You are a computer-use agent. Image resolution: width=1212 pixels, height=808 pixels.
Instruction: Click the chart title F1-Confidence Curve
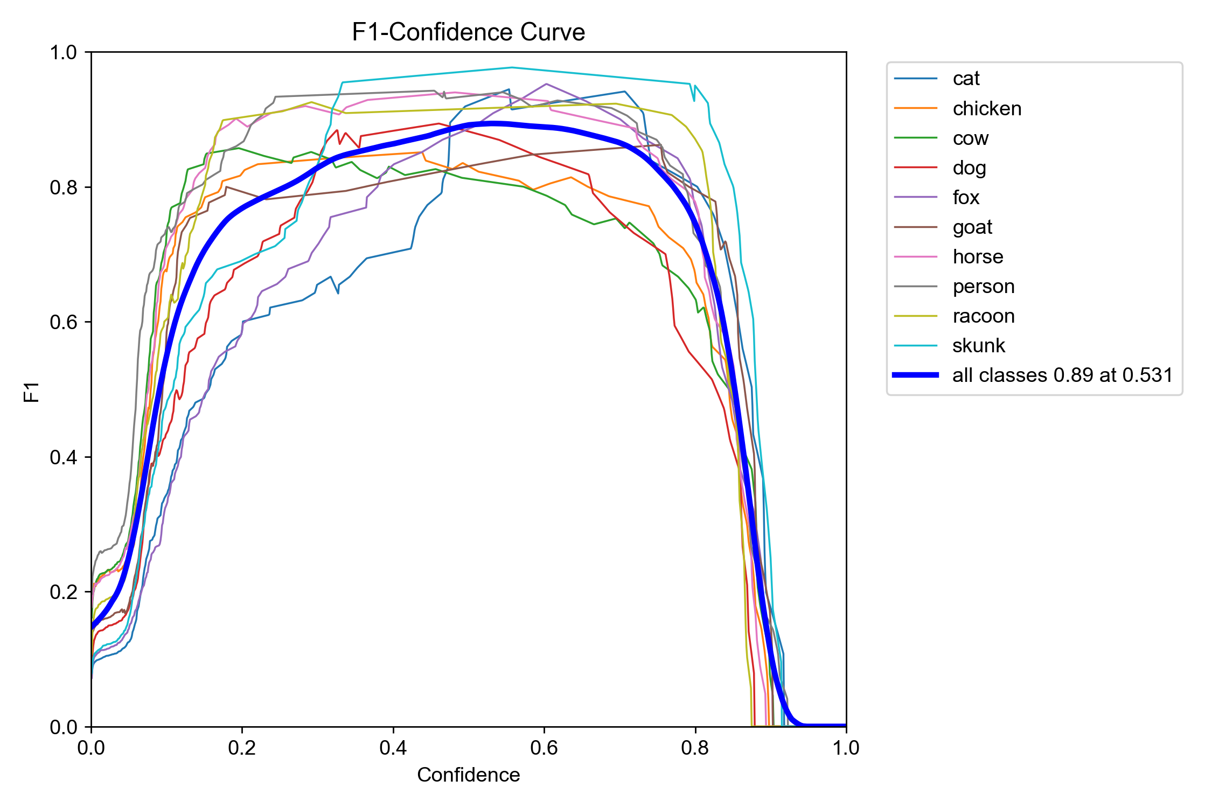(468, 32)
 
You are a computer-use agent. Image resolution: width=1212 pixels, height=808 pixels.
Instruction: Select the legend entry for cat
(965, 79)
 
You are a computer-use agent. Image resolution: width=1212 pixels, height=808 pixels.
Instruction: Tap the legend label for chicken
(986, 109)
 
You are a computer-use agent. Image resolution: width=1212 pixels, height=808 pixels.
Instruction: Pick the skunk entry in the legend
(978, 345)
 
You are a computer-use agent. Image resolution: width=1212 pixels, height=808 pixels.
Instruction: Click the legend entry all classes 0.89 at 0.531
(1062, 375)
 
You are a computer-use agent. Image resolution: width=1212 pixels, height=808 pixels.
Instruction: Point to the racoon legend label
(983, 316)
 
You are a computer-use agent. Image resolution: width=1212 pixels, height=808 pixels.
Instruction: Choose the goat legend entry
(972, 227)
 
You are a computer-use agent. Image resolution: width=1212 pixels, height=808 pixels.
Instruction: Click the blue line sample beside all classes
(916, 375)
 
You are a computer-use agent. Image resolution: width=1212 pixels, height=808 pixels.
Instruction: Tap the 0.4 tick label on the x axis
(393, 748)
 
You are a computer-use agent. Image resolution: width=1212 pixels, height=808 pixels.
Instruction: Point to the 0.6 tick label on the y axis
(64, 322)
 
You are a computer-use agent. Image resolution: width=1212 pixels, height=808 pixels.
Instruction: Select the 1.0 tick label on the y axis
(64, 53)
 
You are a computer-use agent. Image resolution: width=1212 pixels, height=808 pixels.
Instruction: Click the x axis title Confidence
(468, 775)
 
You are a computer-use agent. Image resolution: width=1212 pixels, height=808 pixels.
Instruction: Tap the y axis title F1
(32, 392)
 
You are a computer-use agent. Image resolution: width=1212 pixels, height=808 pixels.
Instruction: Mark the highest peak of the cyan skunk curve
(512, 67)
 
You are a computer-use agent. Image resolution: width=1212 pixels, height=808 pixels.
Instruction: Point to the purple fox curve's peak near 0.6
(546, 83)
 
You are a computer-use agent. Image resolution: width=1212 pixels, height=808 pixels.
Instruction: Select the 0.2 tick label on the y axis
(64, 592)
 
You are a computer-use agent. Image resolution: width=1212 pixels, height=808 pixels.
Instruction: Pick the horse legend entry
(977, 257)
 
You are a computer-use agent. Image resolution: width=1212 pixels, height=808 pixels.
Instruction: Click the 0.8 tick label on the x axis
(695, 748)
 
